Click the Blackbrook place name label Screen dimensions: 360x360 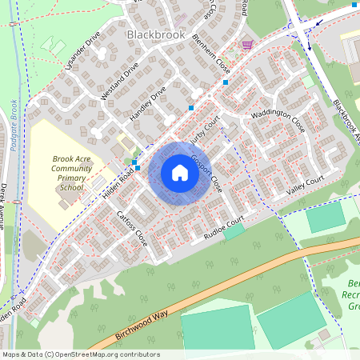click(x=155, y=35)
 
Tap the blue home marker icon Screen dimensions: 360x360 click(x=180, y=173)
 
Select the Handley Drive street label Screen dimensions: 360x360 click(x=147, y=105)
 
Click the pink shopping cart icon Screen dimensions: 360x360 click(x=247, y=45)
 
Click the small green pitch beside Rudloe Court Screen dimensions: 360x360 click(x=234, y=231)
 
